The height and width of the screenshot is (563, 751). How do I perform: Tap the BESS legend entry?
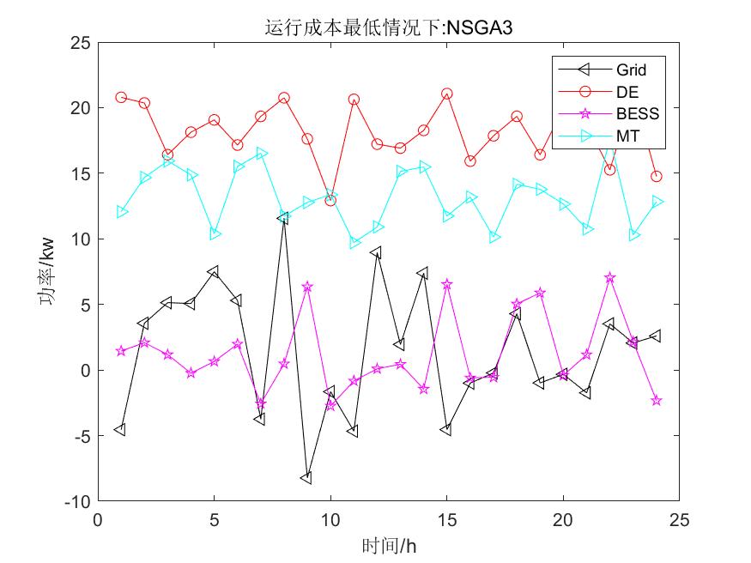[636, 114]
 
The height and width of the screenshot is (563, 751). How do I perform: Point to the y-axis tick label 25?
[80, 42]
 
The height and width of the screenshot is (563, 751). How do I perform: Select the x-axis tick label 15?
[446, 520]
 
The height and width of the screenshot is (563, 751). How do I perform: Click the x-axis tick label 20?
[563, 520]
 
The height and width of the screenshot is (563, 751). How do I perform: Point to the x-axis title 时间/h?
[389, 545]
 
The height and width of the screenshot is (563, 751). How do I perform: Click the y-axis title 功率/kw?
[49, 271]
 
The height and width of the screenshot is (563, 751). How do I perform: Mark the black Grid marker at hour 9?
[306, 478]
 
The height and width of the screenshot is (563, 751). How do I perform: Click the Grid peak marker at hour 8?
[283, 218]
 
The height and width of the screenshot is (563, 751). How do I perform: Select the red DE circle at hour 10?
[330, 200]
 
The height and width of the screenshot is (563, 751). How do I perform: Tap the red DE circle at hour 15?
[446, 94]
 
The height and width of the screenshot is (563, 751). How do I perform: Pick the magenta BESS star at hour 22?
[609, 278]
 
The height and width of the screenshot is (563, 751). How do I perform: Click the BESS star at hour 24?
[657, 401]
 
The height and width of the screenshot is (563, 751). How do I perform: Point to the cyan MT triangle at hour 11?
[354, 244]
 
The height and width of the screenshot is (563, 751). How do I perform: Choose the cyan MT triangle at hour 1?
[121, 212]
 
